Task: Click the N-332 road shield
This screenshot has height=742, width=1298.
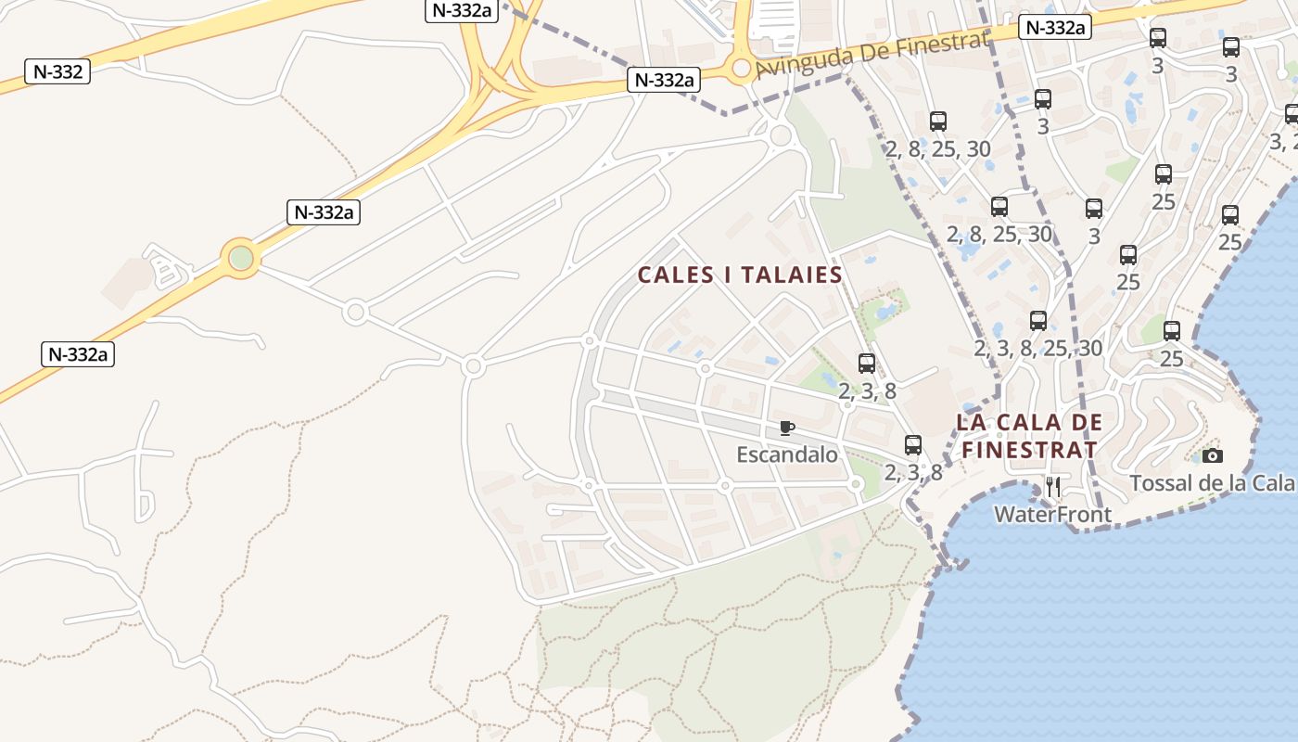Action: [x=57, y=71]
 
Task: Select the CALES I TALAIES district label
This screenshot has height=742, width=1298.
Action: [x=740, y=275]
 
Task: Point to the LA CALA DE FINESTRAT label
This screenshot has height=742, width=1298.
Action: [x=1029, y=437]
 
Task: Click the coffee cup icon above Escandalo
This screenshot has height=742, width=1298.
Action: [x=787, y=428]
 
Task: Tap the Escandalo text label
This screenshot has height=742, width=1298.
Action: [x=787, y=454]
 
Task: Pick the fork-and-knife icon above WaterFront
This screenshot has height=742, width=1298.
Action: [x=1053, y=486]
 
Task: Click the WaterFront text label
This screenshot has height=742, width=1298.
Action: [x=1052, y=514]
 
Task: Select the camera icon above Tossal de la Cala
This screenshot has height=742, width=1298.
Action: [x=1212, y=455]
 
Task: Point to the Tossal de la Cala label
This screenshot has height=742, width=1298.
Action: [x=1212, y=483]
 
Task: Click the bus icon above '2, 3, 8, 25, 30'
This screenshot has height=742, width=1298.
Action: [x=1038, y=321]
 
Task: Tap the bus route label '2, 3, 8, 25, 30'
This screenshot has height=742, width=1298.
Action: [x=1038, y=349]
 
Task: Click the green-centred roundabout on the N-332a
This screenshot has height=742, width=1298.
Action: [x=241, y=257]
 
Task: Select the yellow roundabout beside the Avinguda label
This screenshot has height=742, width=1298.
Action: [x=741, y=68]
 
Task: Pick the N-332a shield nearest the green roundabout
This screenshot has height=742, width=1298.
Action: [x=324, y=212]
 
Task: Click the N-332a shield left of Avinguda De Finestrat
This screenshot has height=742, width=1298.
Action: [x=663, y=80]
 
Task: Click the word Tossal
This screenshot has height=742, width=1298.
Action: [x=1160, y=483]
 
